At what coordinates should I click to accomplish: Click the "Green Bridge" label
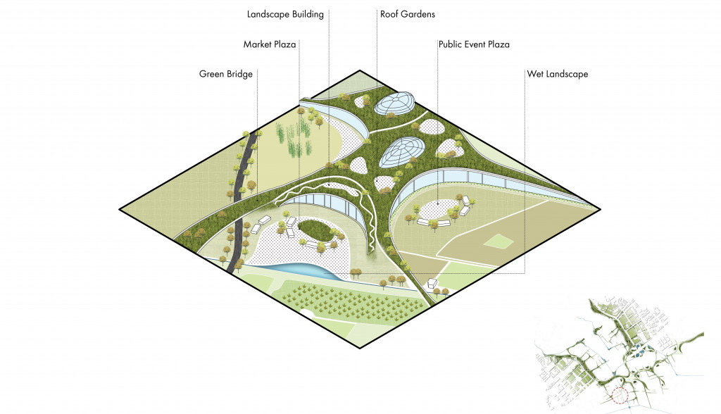point(225,74)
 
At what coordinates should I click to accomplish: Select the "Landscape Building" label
point(285,13)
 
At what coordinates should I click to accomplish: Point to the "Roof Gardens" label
point(408,13)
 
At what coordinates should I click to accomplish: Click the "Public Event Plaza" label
point(473,44)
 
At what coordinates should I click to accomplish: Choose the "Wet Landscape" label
point(557,74)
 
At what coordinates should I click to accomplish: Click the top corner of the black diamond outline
point(360,70)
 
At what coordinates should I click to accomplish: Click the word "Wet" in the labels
point(536,74)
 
